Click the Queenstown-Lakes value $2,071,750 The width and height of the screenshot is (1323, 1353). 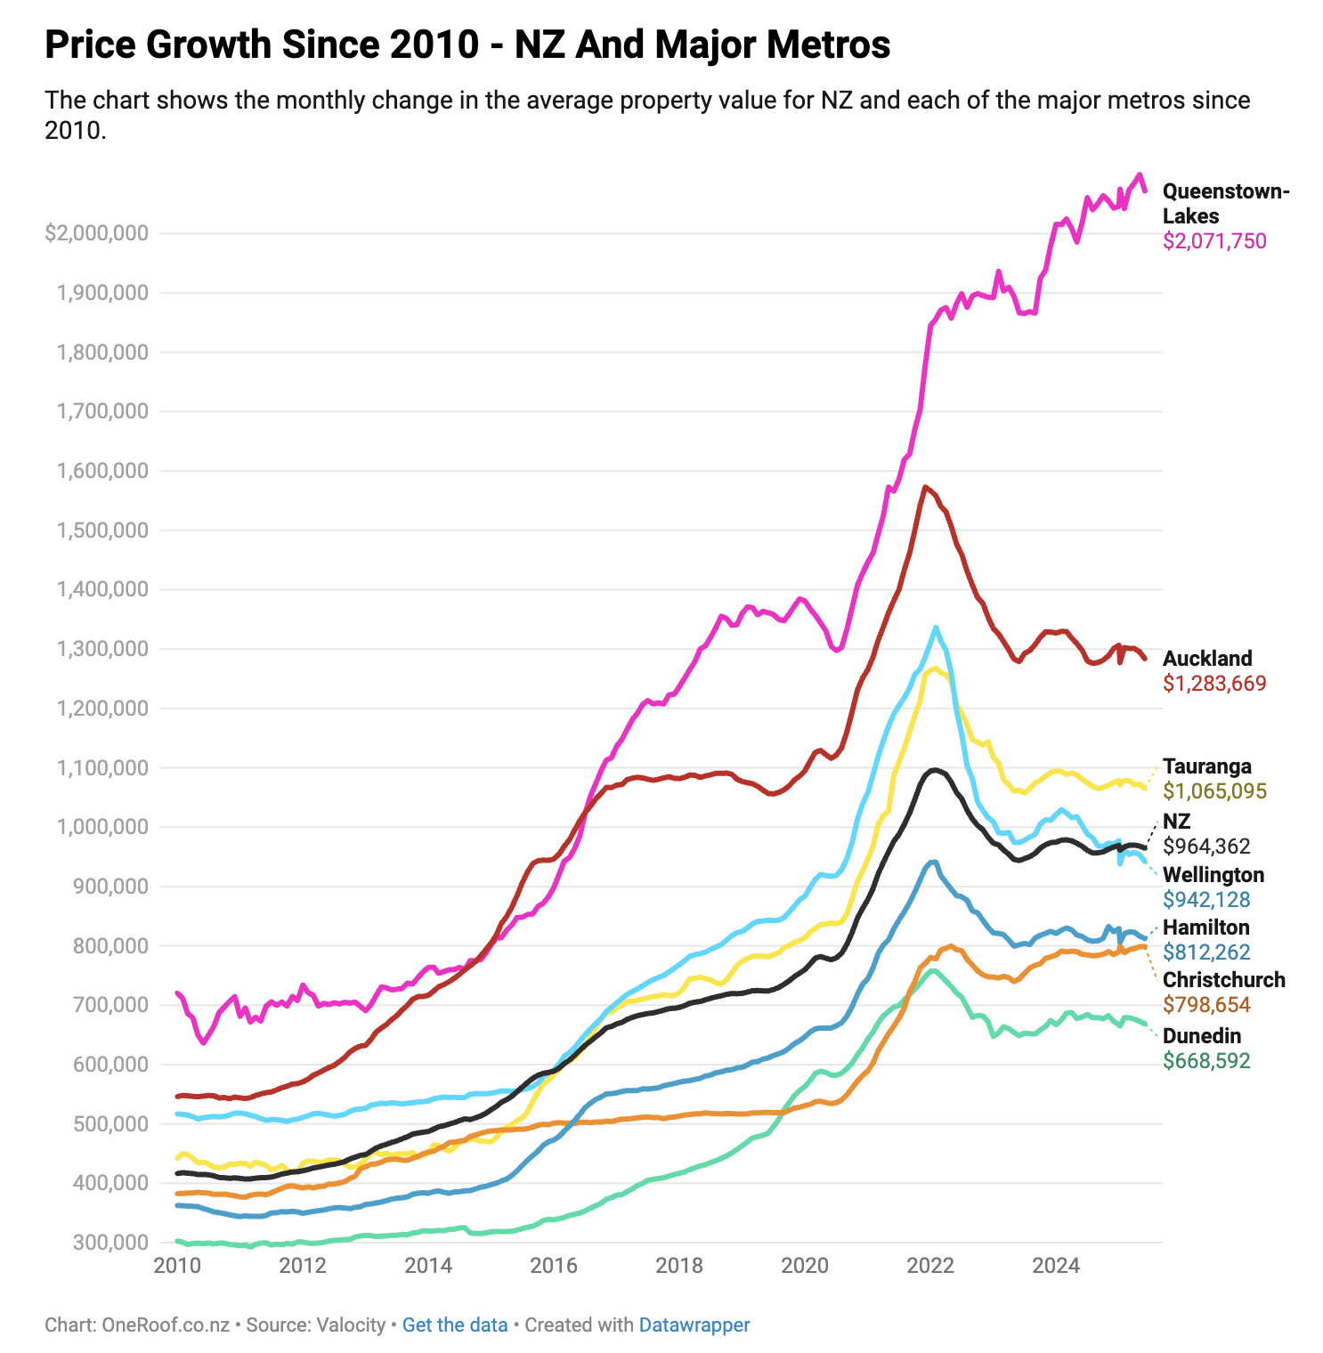point(1214,241)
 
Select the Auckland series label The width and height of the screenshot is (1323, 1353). point(1207,659)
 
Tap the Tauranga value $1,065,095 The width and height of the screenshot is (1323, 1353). point(1214,791)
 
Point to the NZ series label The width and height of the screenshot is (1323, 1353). point(1176,821)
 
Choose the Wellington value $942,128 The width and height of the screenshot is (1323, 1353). point(1206,900)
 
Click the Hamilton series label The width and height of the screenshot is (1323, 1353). point(1205,928)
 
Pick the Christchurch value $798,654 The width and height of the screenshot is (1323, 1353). point(1206,1005)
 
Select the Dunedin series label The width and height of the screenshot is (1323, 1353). point(1201,1036)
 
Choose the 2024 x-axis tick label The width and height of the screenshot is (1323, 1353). point(1057,1265)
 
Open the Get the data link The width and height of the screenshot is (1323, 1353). point(454,1325)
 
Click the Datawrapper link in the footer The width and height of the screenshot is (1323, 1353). point(694,1325)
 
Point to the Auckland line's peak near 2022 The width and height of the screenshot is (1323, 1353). point(926,487)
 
